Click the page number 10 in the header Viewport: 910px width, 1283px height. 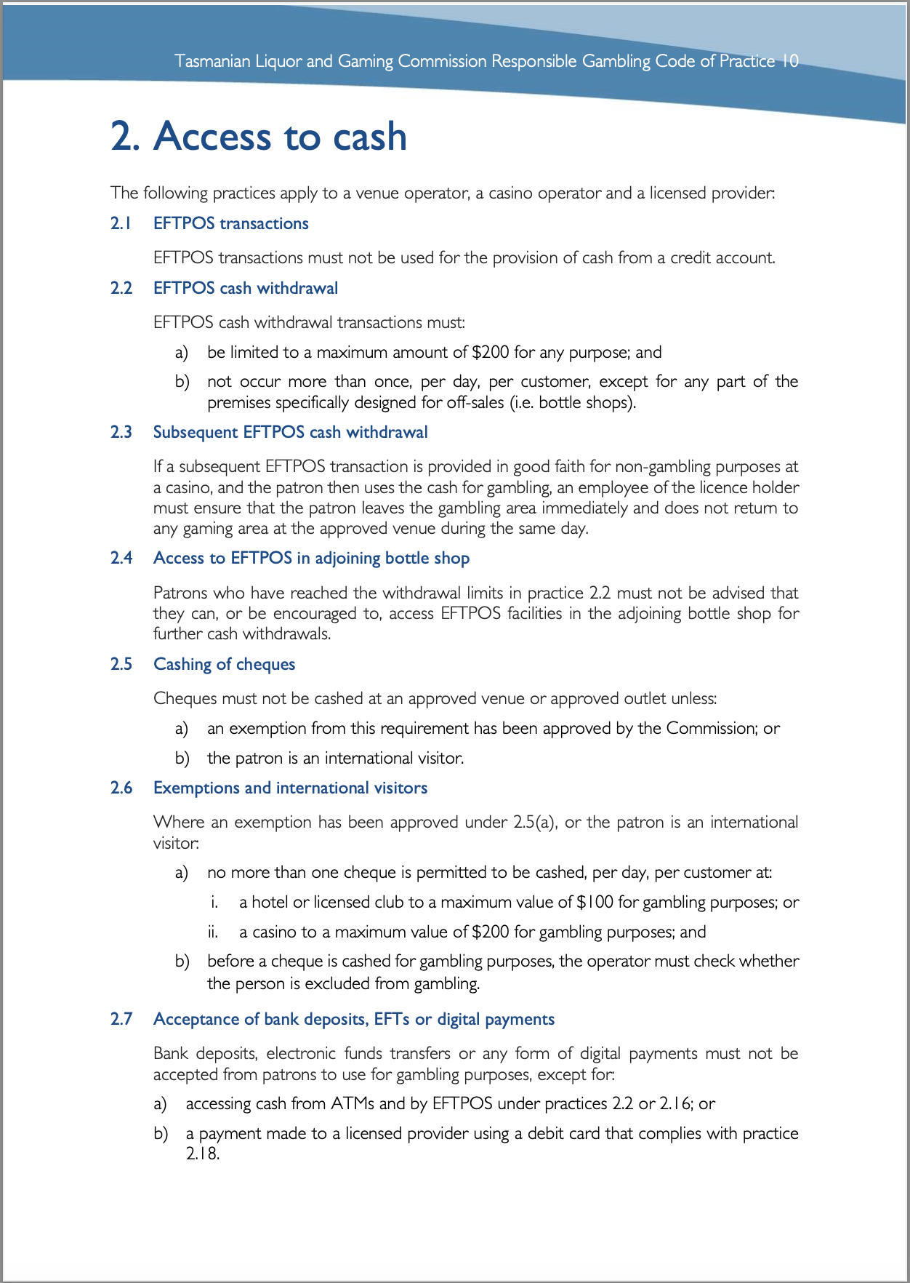click(789, 61)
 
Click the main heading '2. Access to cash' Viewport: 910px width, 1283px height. click(259, 137)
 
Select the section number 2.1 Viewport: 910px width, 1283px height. click(121, 223)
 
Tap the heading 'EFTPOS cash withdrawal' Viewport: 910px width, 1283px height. click(246, 288)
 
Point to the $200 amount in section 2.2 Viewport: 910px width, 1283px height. click(490, 353)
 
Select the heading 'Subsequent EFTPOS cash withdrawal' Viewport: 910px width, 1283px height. click(290, 432)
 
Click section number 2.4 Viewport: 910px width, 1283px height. click(121, 558)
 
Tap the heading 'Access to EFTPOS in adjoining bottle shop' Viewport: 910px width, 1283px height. click(311, 558)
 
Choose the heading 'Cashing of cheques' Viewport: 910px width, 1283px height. click(224, 664)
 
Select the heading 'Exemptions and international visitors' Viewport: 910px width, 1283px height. click(290, 788)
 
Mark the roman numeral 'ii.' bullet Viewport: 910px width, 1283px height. click(212, 932)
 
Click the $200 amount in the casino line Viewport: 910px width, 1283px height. click(490, 932)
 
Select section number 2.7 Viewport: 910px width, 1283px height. click(121, 1019)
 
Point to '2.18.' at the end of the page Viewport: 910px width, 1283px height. click(202, 1154)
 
